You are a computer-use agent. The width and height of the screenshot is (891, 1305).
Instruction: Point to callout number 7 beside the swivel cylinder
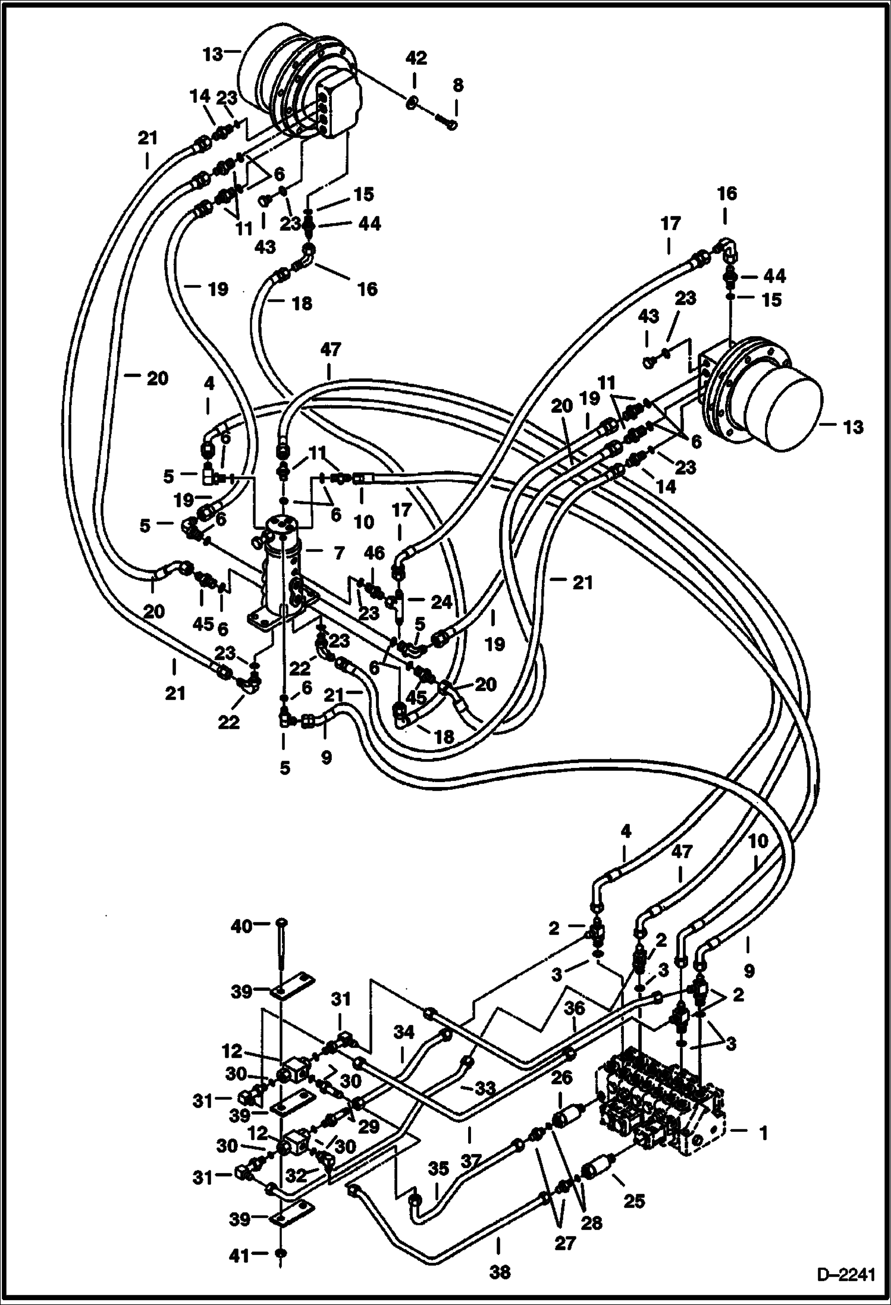coord(338,554)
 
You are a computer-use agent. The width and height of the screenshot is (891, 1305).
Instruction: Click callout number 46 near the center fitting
coord(375,553)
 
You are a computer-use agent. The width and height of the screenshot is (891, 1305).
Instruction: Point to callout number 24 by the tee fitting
coord(441,603)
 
